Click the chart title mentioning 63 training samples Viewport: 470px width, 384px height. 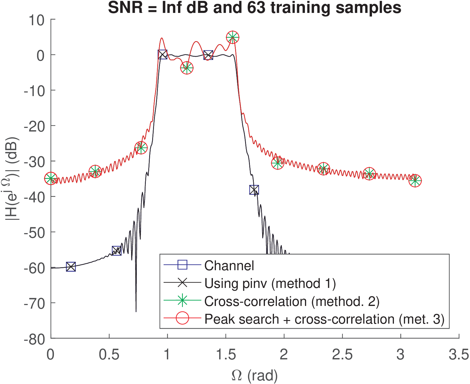[254, 8]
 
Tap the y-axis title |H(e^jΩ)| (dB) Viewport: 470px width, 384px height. [12, 179]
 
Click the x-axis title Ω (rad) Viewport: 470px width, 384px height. [254, 375]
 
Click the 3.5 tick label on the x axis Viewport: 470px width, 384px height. [459, 355]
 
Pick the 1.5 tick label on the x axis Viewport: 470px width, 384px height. [226, 355]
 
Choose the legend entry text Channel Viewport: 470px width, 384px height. [229, 266]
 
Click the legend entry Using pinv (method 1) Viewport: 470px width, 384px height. [270, 283]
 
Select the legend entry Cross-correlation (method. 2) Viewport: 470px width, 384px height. [292, 301]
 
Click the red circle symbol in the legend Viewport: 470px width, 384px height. [182, 319]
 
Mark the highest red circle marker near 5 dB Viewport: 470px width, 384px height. [232, 38]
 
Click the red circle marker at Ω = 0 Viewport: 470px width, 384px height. [51, 179]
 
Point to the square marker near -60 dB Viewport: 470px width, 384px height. [71, 267]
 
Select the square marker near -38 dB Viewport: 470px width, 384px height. [254, 190]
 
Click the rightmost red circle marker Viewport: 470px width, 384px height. [415, 181]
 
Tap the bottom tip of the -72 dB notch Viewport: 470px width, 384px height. [136, 312]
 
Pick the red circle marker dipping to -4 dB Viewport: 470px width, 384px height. [187, 68]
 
